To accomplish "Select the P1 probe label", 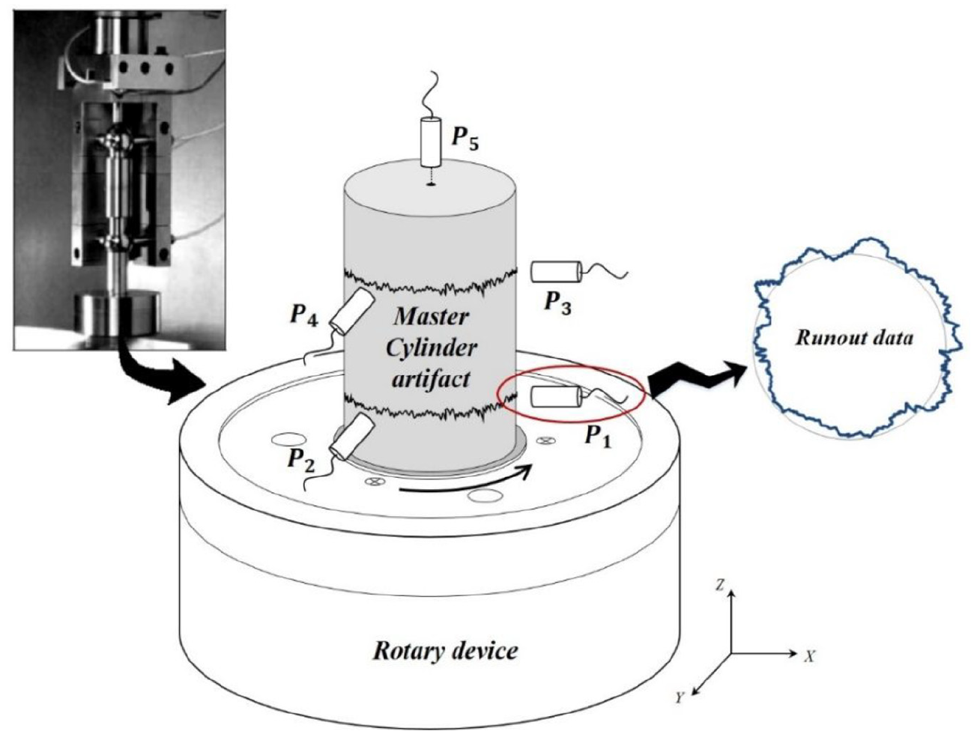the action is [x=599, y=434].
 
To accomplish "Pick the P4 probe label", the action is [x=304, y=316].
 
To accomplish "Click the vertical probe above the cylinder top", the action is [x=430, y=142].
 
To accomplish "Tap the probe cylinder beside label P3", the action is [x=557, y=271].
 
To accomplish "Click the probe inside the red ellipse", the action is [x=557, y=396].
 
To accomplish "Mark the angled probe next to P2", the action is [x=353, y=437].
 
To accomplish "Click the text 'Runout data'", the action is [x=854, y=338].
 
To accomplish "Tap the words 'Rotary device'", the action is [x=445, y=651].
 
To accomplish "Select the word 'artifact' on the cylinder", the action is [x=430, y=380].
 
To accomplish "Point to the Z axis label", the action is [x=720, y=586].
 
